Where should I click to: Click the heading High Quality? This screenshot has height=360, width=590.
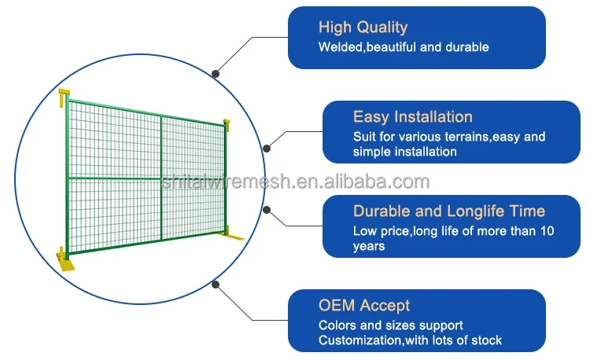(363, 27)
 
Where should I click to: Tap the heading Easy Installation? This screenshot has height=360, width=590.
(412, 117)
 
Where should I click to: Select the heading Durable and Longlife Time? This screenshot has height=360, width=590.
(448, 211)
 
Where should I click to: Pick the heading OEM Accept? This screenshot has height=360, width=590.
(364, 305)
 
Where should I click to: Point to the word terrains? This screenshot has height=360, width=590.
(454, 137)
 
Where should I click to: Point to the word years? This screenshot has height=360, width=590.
(369, 246)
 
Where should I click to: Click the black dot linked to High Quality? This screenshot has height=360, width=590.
(216, 73)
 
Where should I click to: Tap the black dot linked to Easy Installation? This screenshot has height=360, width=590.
(267, 147)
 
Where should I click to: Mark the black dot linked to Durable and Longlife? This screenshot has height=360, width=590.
(267, 210)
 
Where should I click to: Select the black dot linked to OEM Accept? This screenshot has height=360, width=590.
(216, 285)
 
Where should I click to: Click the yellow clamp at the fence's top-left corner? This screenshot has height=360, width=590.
(64, 98)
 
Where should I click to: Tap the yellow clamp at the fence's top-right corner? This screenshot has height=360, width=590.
(227, 124)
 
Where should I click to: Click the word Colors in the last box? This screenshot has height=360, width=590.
(336, 325)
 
